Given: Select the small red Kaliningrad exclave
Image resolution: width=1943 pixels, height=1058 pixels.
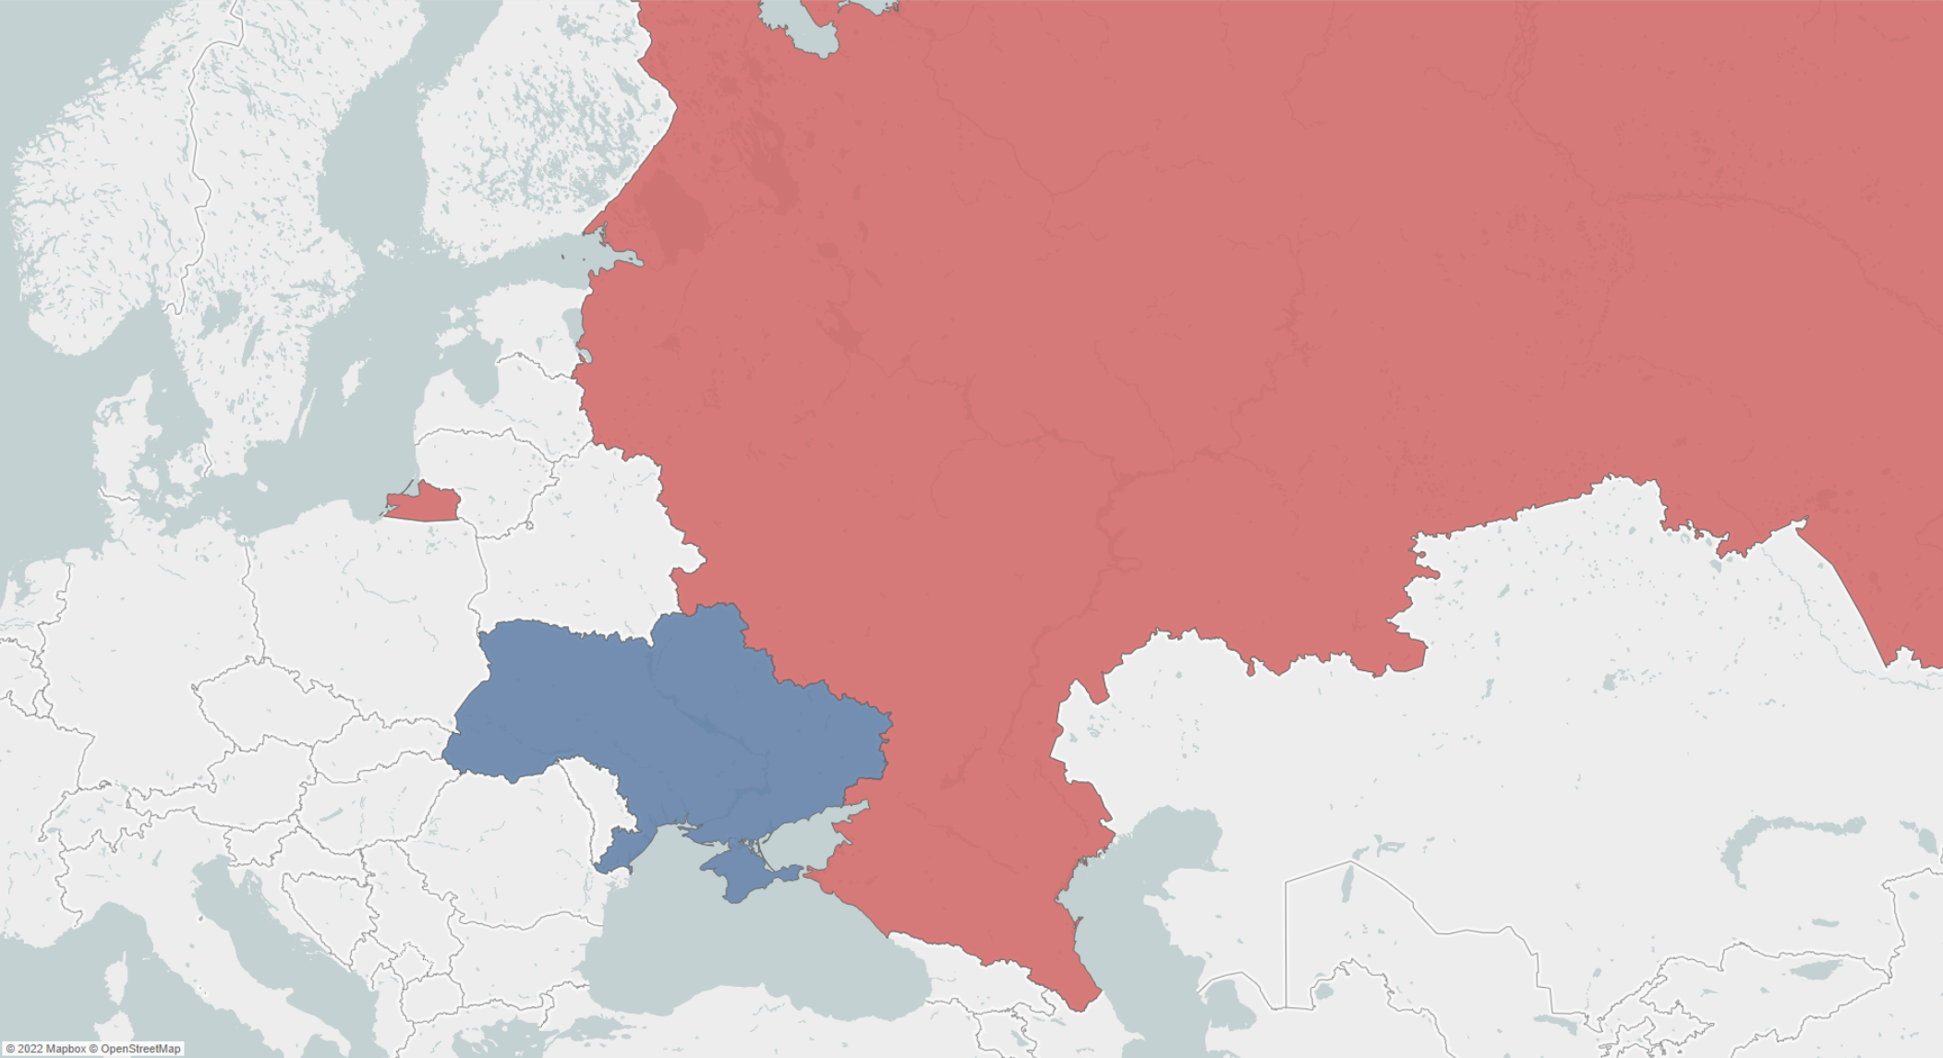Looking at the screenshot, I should click(425, 504).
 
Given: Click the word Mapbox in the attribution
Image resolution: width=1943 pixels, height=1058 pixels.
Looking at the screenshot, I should click(66, 1049).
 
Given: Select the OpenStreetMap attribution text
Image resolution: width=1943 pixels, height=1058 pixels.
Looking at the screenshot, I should click(140, 1049).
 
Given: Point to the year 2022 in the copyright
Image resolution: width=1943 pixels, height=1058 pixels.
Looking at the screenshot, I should click(30, 1049).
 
